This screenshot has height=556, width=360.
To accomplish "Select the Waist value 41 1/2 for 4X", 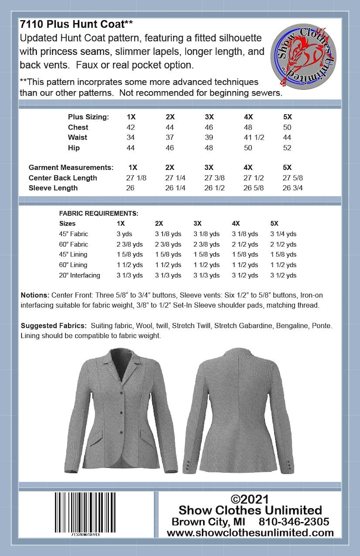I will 254,137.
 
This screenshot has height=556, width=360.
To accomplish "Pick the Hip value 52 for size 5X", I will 287,148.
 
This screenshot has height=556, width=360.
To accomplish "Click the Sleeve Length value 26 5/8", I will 254,188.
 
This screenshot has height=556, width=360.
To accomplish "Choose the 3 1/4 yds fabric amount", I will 283,234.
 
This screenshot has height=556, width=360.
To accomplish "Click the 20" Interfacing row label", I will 79,275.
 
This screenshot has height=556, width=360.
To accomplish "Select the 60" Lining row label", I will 73,265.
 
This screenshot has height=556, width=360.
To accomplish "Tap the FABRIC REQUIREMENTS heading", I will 98,213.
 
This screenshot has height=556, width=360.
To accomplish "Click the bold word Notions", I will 34,295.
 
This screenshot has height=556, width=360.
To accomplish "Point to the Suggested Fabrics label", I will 54,326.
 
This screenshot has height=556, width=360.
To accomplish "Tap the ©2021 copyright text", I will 250,499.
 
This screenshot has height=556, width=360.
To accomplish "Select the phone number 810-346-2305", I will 294,521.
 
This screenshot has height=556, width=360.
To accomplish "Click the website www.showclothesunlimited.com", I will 250,533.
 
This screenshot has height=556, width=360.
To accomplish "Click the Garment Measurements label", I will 71,167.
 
